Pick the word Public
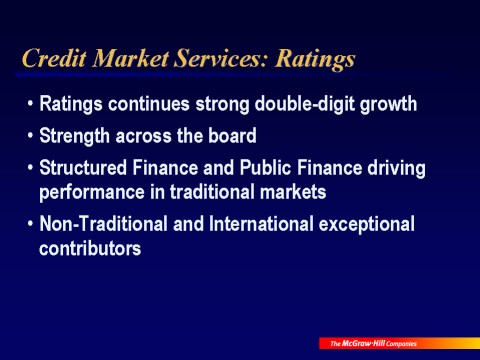(x=262, y=166)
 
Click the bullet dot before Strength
(x=30, y=135)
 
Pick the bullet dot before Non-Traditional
(x=30, y=225)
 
